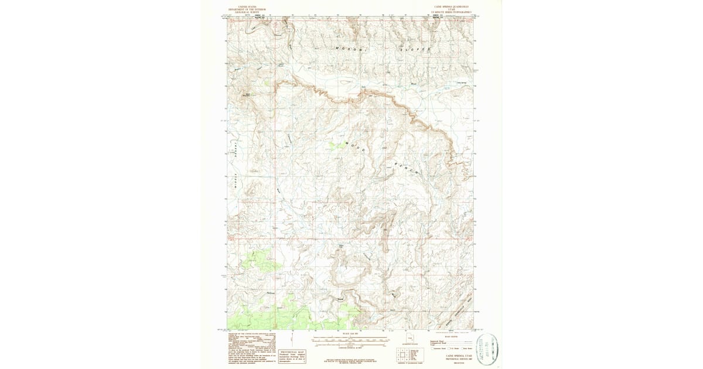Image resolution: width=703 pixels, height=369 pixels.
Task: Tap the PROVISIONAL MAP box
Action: click(296, 354)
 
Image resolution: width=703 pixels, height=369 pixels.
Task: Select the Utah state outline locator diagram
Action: click(410, 339)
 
